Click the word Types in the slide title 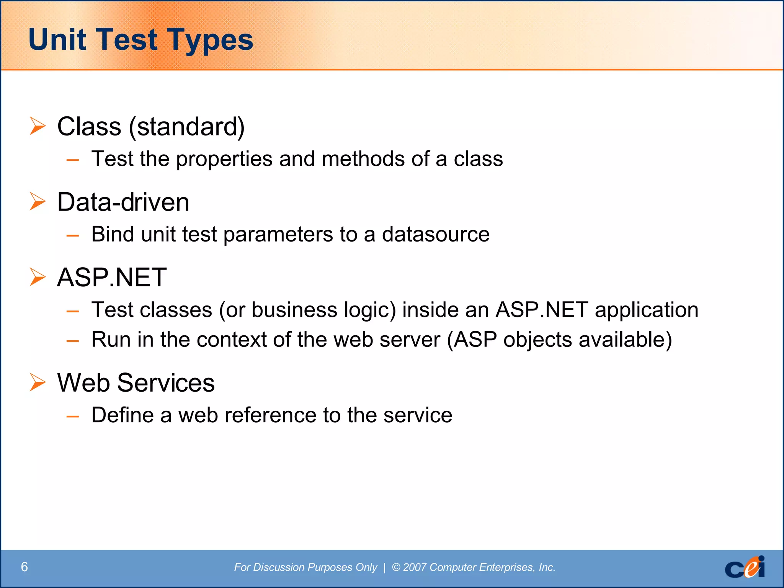click(x=210, y=40)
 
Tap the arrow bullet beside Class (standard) click(x=38, y=126)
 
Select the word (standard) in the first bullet click(x=186, y=127)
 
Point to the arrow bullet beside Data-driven click(x=38, y=202)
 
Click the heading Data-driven click(x=123, y=202)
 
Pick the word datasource click(x=436, y=234)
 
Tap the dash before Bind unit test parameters click(x=72, y=235)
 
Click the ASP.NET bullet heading click(x=111, y=277)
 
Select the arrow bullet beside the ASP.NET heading click(x=38, y=277)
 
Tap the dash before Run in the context click(x=72, y=341)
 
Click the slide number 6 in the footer click(x=24, y=567)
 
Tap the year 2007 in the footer click(x=415, y=567)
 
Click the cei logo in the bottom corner click(x=745, y=567)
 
